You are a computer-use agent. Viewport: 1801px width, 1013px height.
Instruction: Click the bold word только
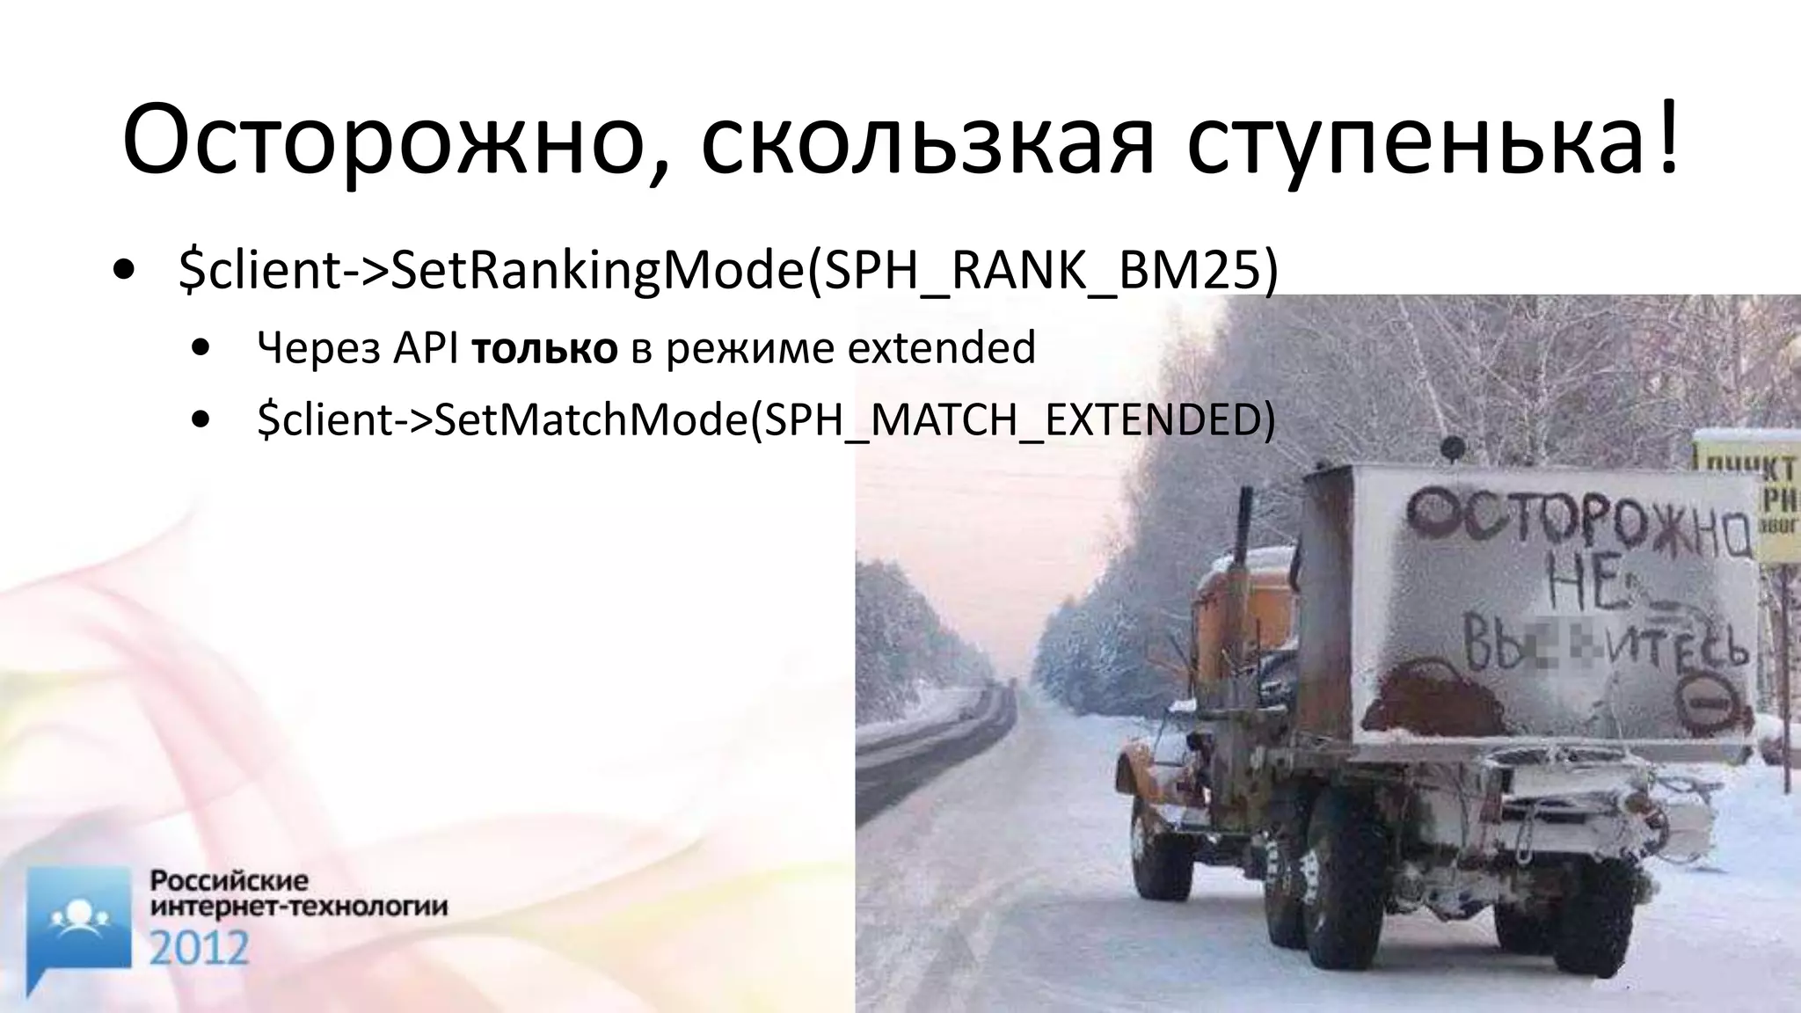point(544,348)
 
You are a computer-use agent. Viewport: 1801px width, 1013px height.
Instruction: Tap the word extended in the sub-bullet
point(941,348)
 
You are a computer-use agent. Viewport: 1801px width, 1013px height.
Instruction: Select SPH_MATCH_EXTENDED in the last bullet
point(1011,419)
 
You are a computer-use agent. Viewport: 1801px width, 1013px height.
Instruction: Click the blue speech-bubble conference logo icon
point(78,923)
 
